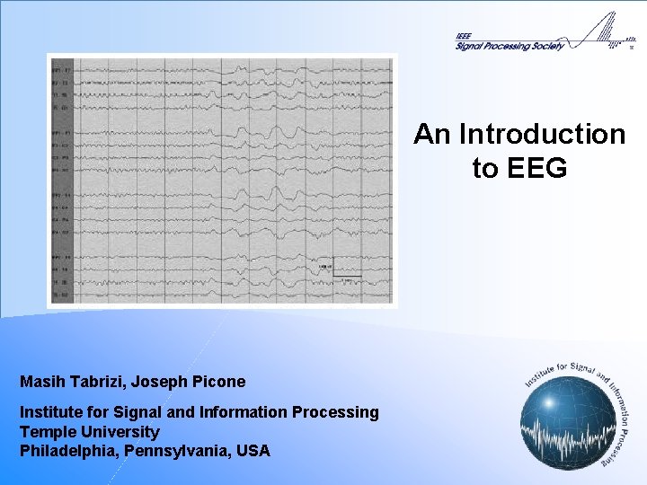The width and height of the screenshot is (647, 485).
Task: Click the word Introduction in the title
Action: [542, 135]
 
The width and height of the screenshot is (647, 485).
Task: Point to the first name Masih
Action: [42, 382]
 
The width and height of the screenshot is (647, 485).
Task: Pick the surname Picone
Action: [218, 382]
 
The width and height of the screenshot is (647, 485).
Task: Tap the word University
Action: [120, 432]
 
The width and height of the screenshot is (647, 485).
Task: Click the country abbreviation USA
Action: [252, 451]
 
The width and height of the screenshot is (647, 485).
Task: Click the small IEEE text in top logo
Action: [463, 37]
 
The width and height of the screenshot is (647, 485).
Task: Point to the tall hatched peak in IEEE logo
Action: [612, 27]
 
